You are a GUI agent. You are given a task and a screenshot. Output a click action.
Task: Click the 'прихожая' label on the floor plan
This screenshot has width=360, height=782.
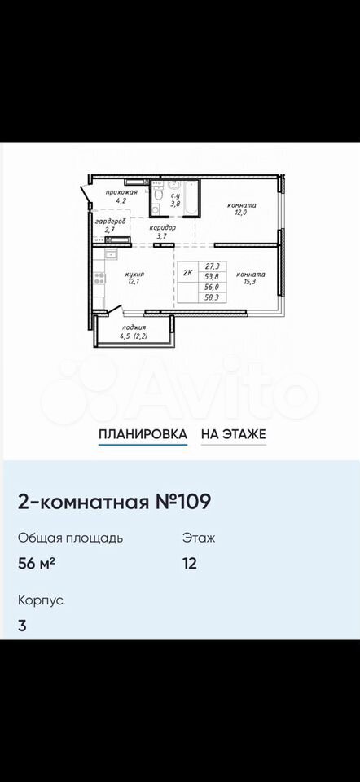[x=121, y=192]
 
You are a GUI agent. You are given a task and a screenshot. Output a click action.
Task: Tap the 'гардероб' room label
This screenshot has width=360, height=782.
[x=110, y=221]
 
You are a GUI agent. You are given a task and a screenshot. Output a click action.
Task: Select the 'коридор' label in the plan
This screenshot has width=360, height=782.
[x=163, y=228]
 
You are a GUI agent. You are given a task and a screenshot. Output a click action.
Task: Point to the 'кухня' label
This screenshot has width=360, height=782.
[x=134, y=275]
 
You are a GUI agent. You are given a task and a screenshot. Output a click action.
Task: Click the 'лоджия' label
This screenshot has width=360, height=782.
[x=134, y=327]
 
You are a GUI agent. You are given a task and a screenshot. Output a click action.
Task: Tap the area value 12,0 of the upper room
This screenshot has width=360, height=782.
[x=242, y=213]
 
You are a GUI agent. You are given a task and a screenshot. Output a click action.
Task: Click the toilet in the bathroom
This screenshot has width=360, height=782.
[x=158, y=194]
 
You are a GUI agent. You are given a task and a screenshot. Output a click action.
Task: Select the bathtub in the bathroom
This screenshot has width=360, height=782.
[x=191, y=198]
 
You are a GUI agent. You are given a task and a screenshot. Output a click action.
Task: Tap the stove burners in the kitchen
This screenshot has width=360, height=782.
[x=99, y=279]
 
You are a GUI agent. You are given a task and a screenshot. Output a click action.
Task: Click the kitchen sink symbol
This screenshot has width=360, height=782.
[x=110, y=255]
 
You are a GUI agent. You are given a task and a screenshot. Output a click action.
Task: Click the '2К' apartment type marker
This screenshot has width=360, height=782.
[x=188, y=274]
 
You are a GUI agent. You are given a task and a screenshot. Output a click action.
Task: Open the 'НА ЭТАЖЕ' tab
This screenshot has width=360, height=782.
[x=234, y=434]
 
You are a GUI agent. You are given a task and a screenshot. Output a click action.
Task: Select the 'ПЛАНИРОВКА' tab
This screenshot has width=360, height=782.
[x=143, y=434]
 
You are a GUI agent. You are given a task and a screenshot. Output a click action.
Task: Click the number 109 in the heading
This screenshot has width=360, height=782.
[x=192, y=502]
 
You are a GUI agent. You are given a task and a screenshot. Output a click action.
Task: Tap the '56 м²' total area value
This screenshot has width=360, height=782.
[x=37, y=564]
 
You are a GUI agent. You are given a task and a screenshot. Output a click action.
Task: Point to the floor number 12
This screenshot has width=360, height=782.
[x=190, y=564]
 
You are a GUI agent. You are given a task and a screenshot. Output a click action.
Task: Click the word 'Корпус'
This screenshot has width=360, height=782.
[x=41, y=600]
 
